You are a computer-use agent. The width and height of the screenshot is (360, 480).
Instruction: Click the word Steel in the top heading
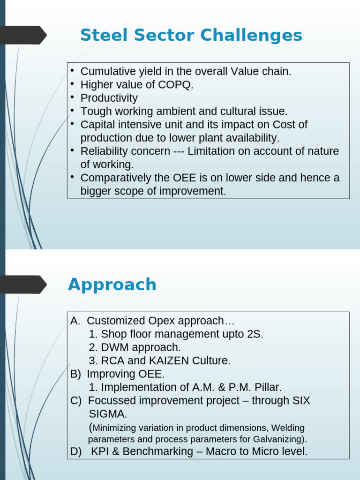coord(104,35)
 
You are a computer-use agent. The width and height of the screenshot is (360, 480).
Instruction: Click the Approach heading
coord(112,285)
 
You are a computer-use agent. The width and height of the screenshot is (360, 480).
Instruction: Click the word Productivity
coord(109,98)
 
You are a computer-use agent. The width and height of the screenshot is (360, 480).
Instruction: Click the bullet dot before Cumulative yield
coord(72,71)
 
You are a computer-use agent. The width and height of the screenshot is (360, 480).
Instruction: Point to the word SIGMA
coord(108,414)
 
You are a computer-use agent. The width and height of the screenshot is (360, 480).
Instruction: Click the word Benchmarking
coord(158,451)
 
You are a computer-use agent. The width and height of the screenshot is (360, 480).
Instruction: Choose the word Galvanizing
coord(280,439)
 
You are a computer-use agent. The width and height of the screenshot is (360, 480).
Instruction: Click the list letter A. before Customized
coord(75,321)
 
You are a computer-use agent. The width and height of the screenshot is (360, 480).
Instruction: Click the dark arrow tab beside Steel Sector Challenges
coord(23,35)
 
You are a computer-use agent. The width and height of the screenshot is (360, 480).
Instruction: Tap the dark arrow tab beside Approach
coord(23,285)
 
